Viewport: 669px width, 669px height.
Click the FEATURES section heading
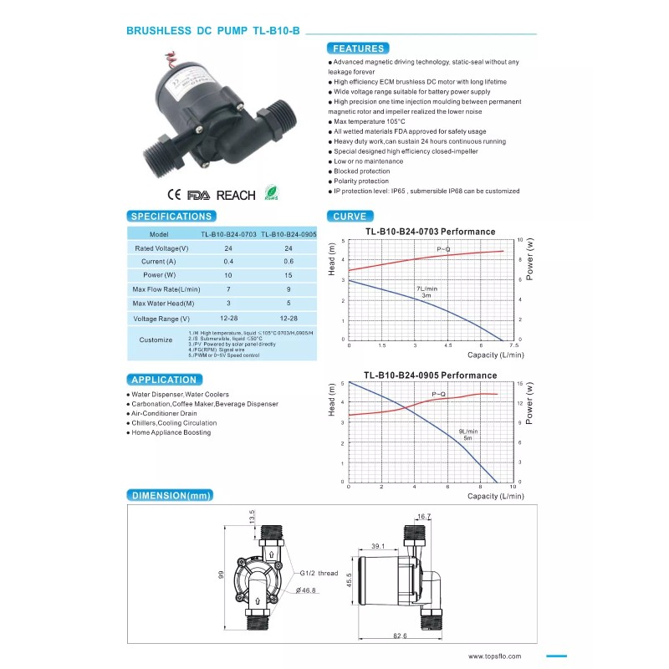357,49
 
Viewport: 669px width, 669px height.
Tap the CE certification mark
175,195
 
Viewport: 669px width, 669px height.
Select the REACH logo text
236,195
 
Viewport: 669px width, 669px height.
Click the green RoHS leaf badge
271,193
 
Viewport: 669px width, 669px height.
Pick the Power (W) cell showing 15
289,275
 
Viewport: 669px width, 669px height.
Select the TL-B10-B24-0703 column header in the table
228,235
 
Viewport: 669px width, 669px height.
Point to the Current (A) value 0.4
228,262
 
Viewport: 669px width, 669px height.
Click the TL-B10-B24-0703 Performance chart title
430,232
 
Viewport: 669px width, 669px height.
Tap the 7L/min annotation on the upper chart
426,289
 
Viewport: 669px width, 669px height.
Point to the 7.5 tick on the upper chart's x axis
513,345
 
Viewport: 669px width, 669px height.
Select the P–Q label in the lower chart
440,393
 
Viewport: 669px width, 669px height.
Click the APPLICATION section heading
164,380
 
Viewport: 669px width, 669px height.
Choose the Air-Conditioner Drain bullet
165,413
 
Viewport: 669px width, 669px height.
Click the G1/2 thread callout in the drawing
318,574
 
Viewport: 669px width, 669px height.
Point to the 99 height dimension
222,575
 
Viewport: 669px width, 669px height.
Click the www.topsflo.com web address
494,656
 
